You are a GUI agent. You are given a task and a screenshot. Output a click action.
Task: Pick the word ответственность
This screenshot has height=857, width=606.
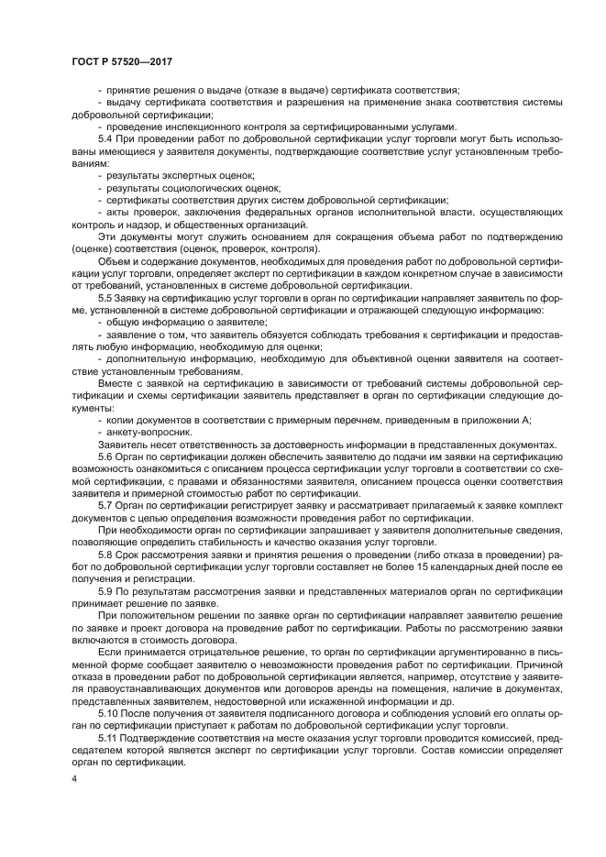pos(195,444)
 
